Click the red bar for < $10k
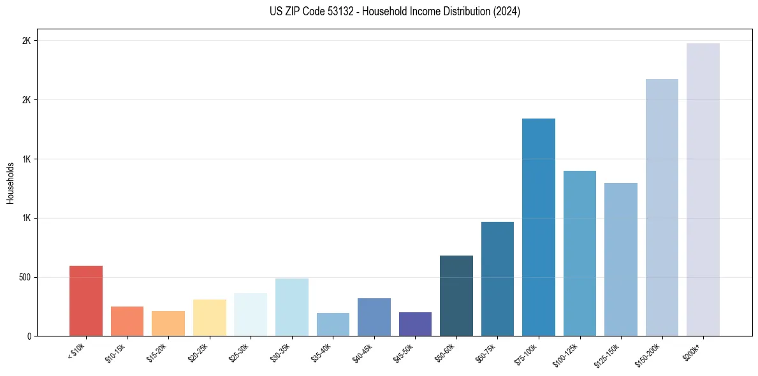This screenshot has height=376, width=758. (x=86, y=301)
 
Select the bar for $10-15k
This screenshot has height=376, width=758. (x=127, y=321)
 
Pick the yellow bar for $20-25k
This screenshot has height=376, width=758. (x=210, y=317)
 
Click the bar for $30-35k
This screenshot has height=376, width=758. (x=292, y=307)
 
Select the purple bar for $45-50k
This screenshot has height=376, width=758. (x=415, y=324)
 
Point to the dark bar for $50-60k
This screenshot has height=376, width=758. (x=456, y=296)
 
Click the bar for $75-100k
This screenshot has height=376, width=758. (x=539, y=227)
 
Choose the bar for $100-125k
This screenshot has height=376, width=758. (x=579, y=253)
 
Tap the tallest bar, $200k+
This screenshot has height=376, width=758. (x=703, y=189)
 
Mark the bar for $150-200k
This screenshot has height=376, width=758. (x=662, y=207)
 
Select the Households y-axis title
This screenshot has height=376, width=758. (x=10, y=183)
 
